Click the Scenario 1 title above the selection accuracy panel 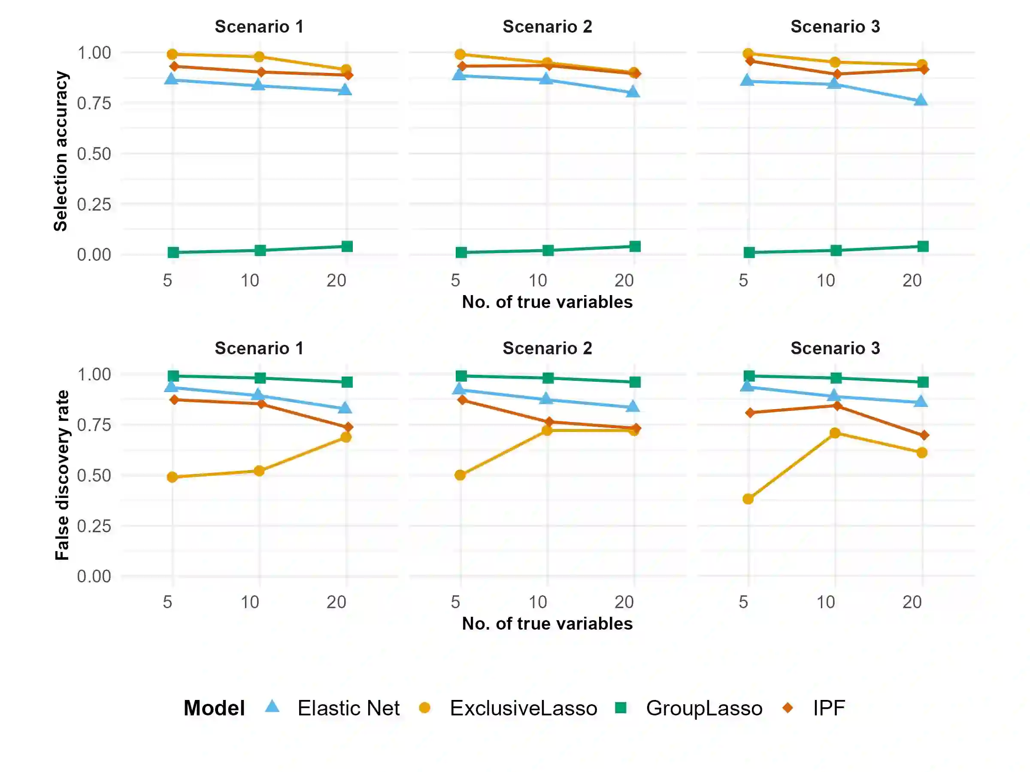click(x=259, y=27)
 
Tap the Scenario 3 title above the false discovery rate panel click(x=835, y=348)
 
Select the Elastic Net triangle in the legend click(x=272, y=706)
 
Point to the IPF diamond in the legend click(x=788, y=708)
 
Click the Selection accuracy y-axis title click(x=61, y=151)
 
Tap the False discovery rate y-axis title click(x=62, y=475)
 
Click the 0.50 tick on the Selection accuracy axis click(x=94, y=154)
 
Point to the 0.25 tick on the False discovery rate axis click(x=94, y=526)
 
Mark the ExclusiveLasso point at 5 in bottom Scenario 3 click(x=748, y=499)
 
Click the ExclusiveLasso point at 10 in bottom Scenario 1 click(x=259, y=471)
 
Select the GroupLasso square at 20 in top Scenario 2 click(x=635, y=246)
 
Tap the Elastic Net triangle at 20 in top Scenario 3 click(x=921, y=100)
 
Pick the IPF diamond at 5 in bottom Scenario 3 click(x=750, y=413)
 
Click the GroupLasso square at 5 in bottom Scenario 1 click(x=173, y=376)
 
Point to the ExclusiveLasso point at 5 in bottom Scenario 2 click(x=460, y=475)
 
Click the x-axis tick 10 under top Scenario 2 click(x=538, y=280)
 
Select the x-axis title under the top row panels click(x=547, y=302)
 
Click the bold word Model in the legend click(x=214, y=708)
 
